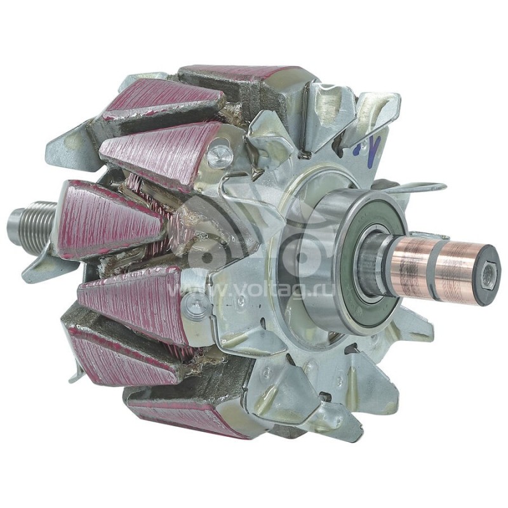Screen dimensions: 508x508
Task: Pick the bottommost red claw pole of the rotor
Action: point(184,413)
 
